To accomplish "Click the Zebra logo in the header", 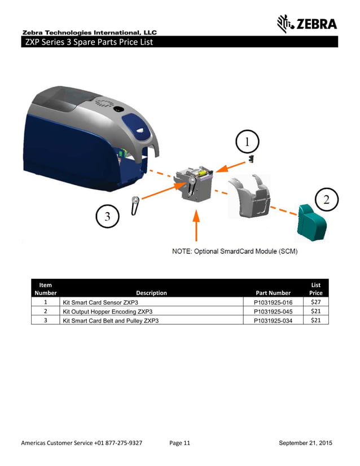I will (307, 23).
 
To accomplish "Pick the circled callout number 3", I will (107, 215).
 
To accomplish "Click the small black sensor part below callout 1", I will (250, 161).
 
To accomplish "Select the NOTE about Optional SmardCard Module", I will (234, 251).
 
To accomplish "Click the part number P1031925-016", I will (273, 303).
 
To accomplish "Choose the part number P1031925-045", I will (273, 311).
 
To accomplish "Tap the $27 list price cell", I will (315, 302).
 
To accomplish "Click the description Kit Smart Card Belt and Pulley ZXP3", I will (111, 320).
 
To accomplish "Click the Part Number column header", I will (273, 293).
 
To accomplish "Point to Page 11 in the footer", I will (179, 443).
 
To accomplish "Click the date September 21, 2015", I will (305, 443).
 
